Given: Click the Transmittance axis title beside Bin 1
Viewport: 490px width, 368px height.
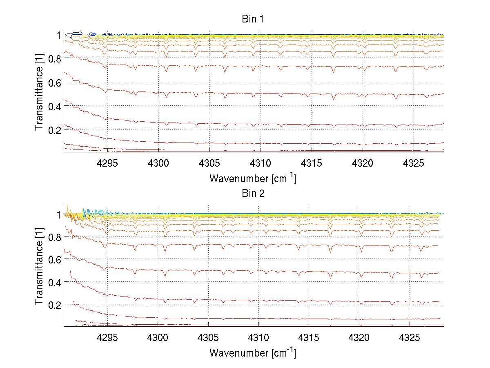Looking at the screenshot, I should (39, 93).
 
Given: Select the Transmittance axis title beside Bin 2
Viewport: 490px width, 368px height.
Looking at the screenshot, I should (39, 266).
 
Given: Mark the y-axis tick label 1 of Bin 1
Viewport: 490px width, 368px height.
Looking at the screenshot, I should (59, 35).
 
